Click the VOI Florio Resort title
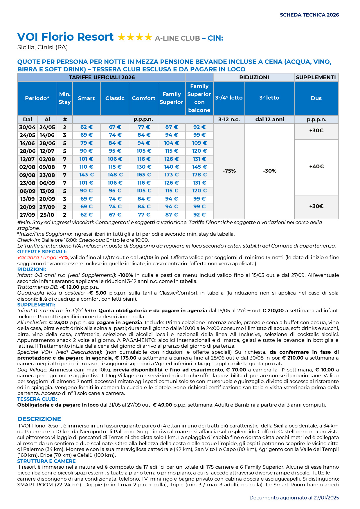[x=65, y=37]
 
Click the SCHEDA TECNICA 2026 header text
[x=309, y=15]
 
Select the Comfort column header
[x=144, y=98]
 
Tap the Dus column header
[x=316, y=98]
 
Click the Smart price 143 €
[x=86, y=175]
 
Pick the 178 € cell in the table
[x=199, y=175]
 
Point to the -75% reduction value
[x=229, y=171]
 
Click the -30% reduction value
[x=270, y=171]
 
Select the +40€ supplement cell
[x=316, y=167]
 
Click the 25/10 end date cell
[x=47, y=215]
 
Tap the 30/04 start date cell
[x=27, y=127]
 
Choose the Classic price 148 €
[x=115, y=175]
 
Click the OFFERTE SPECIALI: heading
[x=42, y=252]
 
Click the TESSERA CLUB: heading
[x=37, y=399]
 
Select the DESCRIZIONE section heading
[x=39, y=419]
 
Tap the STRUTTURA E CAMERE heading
[x=46, y=461]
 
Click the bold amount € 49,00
[x=162, y=405]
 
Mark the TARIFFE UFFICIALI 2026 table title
[x=102, y=77]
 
